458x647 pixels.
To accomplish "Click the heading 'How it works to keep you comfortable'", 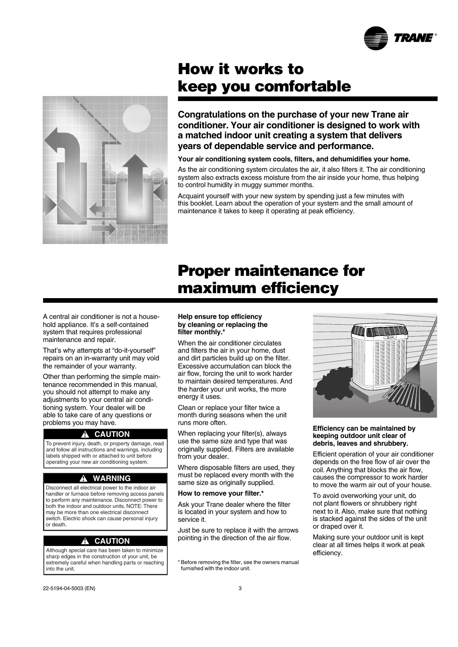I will click(264, 78).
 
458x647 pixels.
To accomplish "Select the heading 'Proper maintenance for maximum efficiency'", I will click(271, 279).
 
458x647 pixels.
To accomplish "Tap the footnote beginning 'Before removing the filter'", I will click(238, 565).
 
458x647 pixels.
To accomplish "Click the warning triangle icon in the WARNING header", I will click(83, 479).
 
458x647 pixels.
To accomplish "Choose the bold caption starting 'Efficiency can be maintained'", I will click(364, 436).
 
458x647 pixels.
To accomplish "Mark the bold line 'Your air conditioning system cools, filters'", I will click(294, 159).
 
